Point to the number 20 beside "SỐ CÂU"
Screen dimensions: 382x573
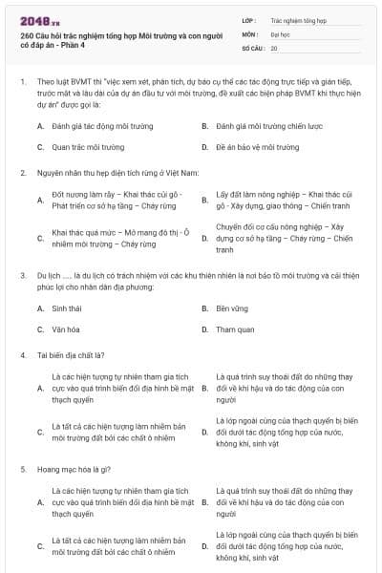coord(274,47)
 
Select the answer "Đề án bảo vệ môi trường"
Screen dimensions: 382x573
coord(244,147)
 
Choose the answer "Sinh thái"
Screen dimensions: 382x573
coord(66,308)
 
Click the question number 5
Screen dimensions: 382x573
coord(21,470)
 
